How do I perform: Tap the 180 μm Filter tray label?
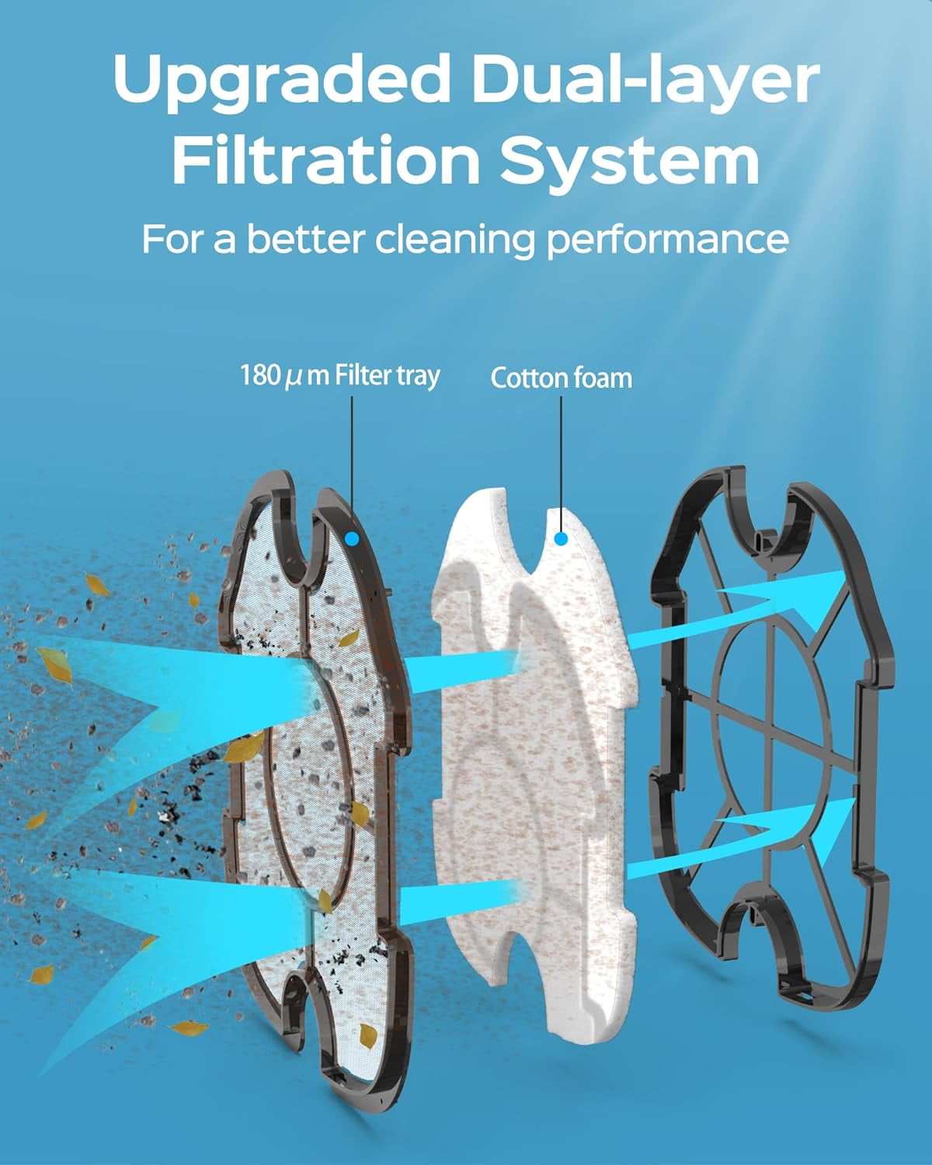tap(339, 377)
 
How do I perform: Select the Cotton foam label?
tap(561, 378)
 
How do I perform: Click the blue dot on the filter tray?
tap(353, 537)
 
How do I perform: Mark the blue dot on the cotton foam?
tap(562, 537)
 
